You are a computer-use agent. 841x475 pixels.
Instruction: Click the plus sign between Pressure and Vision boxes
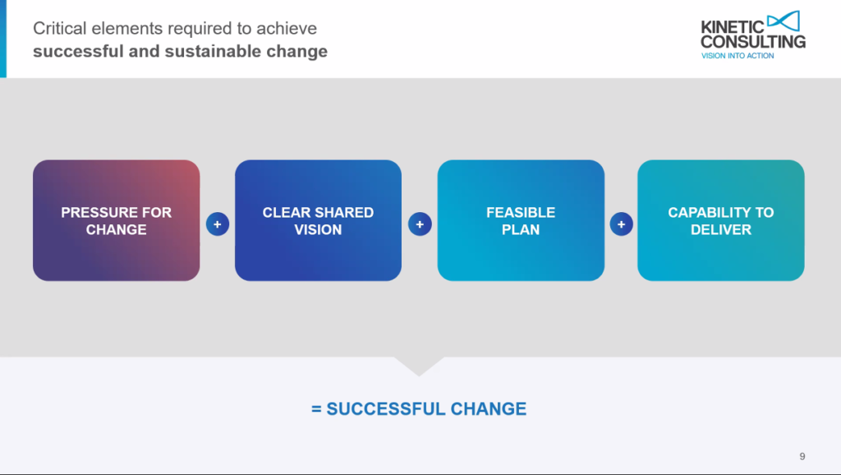click(218, 224)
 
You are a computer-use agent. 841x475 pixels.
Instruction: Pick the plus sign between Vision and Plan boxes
click(420, 224)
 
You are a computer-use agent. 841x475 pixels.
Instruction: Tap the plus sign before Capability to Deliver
click(621, 224)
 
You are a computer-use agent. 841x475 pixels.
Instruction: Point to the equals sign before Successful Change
click(316, 408)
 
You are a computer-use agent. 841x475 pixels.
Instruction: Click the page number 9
click(802, 456)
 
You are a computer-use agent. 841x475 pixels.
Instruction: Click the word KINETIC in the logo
click(731, 27)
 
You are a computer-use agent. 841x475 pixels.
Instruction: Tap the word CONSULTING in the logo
click(753, 41)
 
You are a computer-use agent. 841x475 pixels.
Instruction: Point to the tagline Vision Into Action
click(737, 56)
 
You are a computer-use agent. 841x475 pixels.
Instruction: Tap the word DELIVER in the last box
click(720, 229)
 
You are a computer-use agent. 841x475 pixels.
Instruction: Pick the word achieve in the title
click(288, 29)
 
